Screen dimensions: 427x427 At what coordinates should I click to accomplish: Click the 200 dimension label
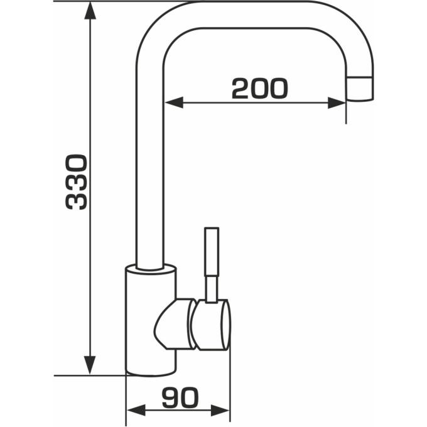pyautogui.click(x=259, y=89)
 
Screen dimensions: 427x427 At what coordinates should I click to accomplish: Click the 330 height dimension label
pyautogui.click(x=76, y=182)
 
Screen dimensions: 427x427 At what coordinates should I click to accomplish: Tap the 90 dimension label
pyautogui.click(x=180, y=397)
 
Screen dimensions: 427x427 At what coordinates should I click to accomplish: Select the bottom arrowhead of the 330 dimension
pyautogui.click(x=90, y=365)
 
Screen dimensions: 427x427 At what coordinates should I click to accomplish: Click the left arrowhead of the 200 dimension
pyautogui.click(x=174, y=102)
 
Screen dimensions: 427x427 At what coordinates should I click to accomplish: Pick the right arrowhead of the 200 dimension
pyautogui.click(x=337, y=102)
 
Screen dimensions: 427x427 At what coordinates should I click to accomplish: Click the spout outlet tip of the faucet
pyautogui.click(x=360, y=89)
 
